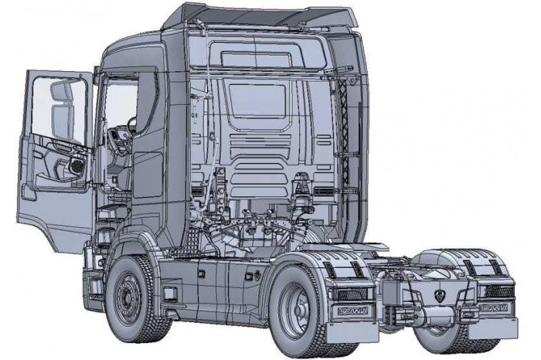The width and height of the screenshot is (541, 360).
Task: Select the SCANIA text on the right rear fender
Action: coord(493,307)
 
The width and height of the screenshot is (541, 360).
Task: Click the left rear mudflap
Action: coord(345,331)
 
